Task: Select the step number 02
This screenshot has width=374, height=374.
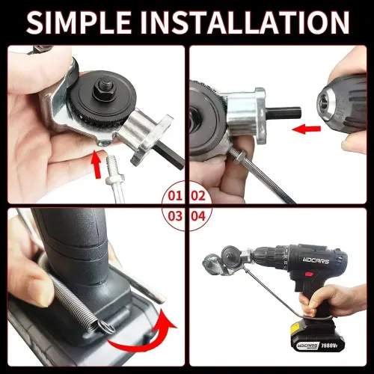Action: coord(199,197)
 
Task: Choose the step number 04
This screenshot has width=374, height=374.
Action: coord(199,218)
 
